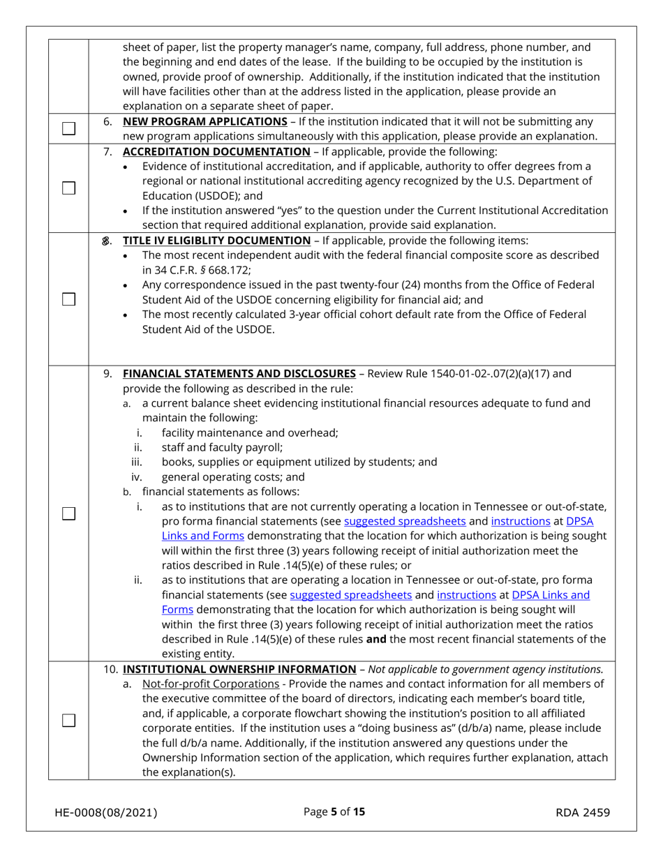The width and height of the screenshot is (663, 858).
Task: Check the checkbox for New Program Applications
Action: tap(68, 128)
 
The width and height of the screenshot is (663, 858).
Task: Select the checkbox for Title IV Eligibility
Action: tap(68, 299)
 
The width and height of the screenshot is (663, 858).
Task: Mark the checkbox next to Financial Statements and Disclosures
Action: tap(68, 513)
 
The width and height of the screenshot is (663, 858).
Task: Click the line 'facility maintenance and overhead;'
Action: tap(249, 432)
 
